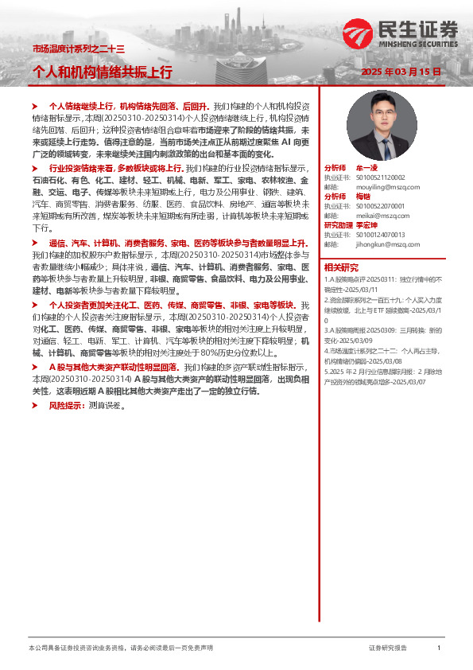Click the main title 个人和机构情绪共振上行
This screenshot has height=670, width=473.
(x=103, y=72)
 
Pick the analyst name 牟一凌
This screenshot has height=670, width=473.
(x=366, y=169)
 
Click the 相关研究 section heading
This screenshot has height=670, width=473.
(x=342, y=267)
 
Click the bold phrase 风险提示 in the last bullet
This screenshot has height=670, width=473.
(x=65, y=405)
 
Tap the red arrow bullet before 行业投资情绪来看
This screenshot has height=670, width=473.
(x=35, y=169)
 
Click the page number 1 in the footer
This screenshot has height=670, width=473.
(x=439, y=649)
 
